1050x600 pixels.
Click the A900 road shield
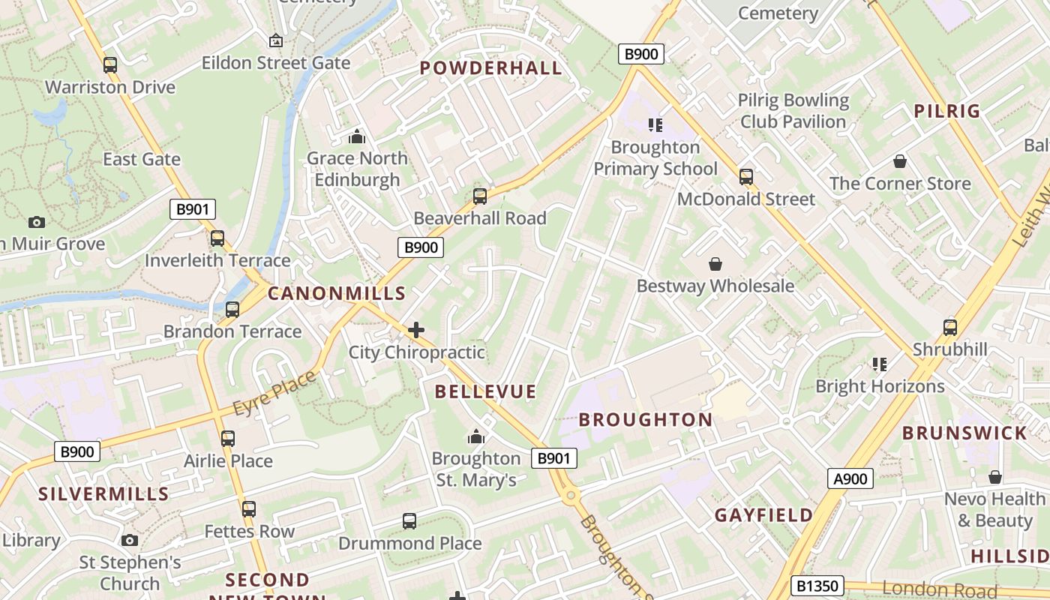click(x=850, y=478)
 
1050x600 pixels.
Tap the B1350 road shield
click(x=817, y=586)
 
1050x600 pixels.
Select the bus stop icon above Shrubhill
click(x=950, y=328)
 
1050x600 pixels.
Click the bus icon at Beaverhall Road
click(x=480, y=196)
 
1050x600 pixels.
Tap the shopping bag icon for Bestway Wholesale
click(x=715, y=264)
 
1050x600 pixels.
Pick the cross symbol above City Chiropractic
click(x=416, y=330)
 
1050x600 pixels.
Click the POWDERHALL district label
click(x=490, y=68)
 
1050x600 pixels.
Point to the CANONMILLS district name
click(x=336, y=294)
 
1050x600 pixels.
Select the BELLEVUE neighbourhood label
click(x=485, y=391)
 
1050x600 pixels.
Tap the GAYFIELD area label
click(x=763, y=515)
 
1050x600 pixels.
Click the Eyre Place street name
click(x=274, y=393)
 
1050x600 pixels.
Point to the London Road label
click(x=940, y=588)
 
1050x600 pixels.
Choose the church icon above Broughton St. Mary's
click(x=475, y=436)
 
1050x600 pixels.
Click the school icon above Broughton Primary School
click(x=655, y=125)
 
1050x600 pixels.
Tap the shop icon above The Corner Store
click(x=900, y=161)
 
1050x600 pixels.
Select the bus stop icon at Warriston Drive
click(x=110, y=65)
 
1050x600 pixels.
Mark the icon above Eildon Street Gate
click(x=275, y=40)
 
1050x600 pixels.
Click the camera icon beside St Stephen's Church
click(x=130, y=540)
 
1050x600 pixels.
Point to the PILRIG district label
click(x=947, y=111)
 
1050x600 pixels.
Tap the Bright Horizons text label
click(x=880, y=386)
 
